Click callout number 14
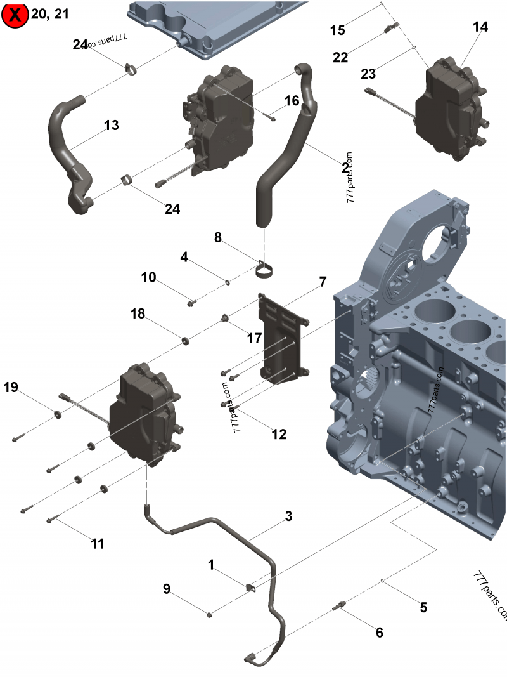480,27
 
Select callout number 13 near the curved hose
112,126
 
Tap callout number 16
292,101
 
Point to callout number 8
217,238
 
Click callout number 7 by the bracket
323,281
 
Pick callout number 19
11,387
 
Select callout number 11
97,544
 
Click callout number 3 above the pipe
288,516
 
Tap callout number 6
379,633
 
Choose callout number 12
279,435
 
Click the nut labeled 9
209,614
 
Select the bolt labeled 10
191,304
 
